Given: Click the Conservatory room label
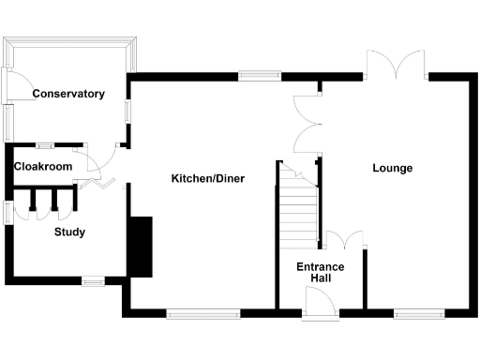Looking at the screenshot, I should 67,94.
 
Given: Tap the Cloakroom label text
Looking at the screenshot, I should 42,166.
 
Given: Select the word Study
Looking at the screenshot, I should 69,232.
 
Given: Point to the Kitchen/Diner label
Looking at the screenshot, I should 207,178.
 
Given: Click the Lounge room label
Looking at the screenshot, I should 392,169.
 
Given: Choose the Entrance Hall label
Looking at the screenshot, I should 321,273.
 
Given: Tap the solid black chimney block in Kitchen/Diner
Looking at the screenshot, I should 140,247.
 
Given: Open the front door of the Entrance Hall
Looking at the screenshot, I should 320,302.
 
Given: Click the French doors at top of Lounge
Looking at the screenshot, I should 397,66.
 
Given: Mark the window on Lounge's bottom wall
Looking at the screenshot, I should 412,313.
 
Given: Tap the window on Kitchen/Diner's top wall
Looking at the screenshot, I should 260,75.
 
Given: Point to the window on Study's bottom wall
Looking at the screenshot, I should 92,279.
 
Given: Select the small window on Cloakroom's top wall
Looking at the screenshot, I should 44,145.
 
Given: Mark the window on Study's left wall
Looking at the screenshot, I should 7,212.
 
